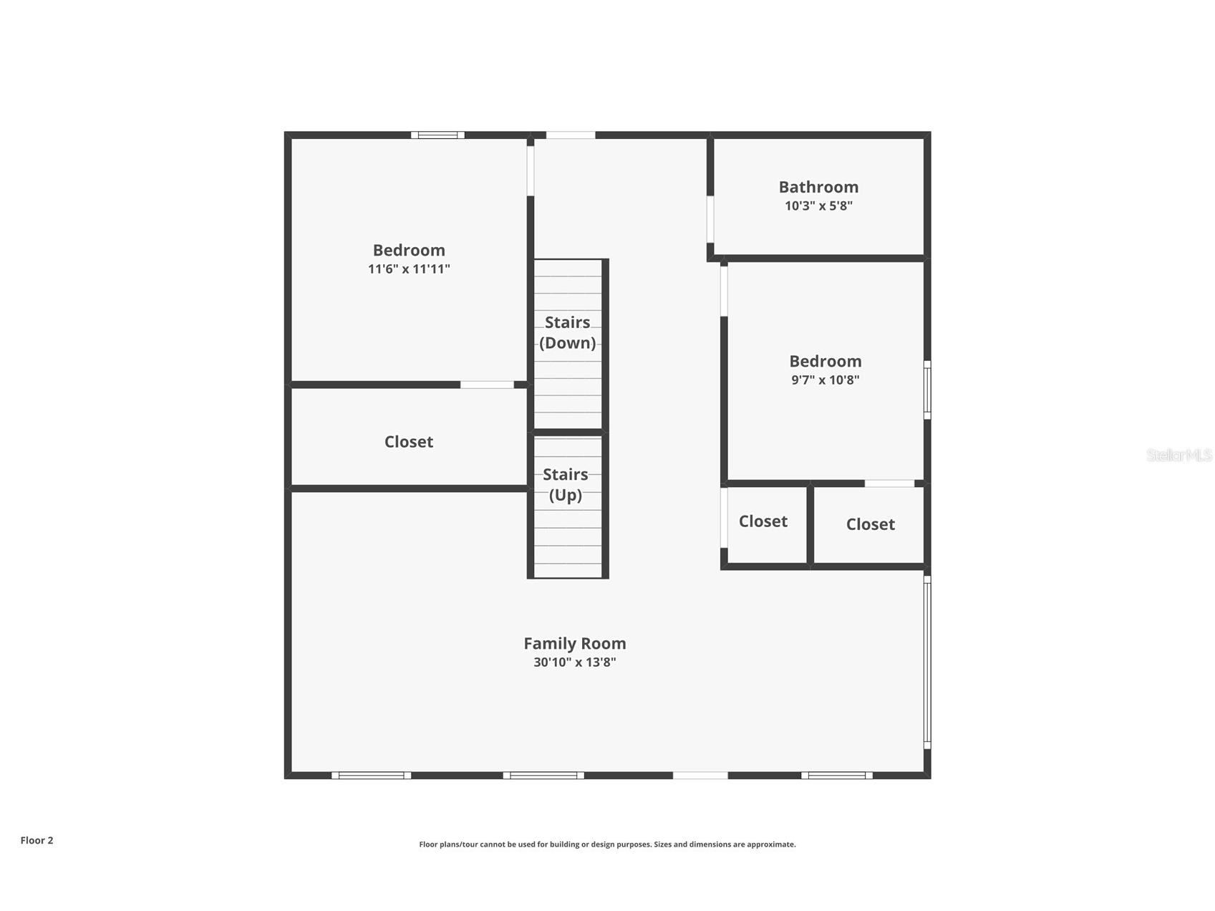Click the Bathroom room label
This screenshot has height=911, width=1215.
pyautogui.click(x=818, y=187)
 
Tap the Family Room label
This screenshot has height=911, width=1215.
pyautogui.click(x=574, y=644)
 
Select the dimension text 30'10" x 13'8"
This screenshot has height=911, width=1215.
pyautogui.click(x=574, y=662)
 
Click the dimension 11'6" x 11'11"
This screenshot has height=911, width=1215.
pyautogui.click(x=409, y=269)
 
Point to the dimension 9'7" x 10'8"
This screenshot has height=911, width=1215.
pyautogui.click(x=825, y=380)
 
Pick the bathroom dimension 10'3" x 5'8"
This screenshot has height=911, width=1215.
pyautogui.click(x=818, y=206)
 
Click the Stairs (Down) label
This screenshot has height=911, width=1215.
pyautogui.click(x=567, y=333)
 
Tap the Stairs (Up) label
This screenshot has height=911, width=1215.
pyautogui.click(x=565, y=485)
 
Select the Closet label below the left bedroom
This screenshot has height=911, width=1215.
pyautogui.click(x=409, y=442)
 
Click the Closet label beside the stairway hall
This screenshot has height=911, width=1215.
pyautogui.click(x=763, y=521)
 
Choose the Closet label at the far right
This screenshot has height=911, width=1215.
pyautogui.click(x=870, y=524)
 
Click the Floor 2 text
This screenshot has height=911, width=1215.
pyautogui.click(x=37, y=841)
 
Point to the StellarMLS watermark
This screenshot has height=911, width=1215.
pyautogui.click(x=1179, y=455)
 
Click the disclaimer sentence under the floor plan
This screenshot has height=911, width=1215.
pyautogui.click(x=607, y=844)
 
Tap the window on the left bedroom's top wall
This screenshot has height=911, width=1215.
pyautogui.click(x=437, y=135)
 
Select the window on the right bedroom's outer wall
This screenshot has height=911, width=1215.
pyautogui.click(x=927, y=390)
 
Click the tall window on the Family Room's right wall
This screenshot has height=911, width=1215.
pyautogui.click(x=927, y=662)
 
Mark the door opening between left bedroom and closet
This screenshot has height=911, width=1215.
pyautogui.click(x=487, y=385)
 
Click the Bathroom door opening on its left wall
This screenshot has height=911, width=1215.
pyautogui.click(x=710, y=219)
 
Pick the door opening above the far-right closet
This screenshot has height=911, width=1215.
pyautogui.click(x=889, y=483)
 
